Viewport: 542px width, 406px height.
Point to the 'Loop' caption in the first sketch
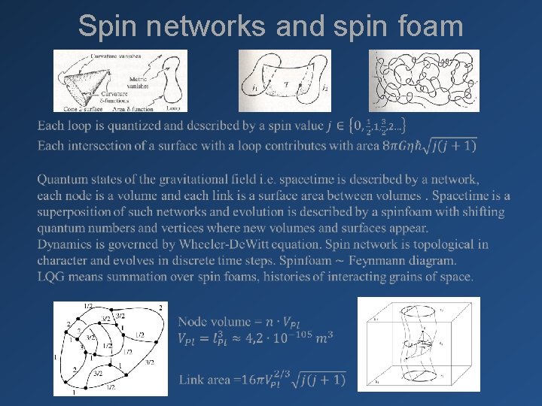[x=172, y=108]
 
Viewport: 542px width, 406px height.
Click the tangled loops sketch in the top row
[x=424, y=80]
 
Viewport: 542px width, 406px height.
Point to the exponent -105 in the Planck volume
[x=296, y=333]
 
